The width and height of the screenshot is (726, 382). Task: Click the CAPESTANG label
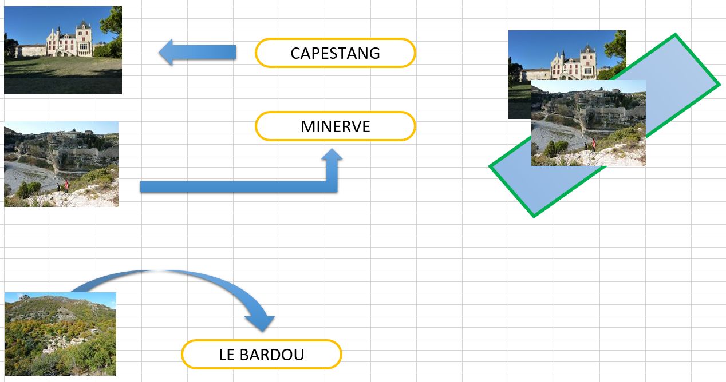click(335, 53)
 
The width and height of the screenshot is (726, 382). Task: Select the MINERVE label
click(335, 126)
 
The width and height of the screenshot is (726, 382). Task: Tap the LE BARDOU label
click(262, 355)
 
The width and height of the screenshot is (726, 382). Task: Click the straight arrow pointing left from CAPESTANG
click(198, 52)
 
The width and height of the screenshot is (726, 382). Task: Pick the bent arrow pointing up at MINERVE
click(240, 187)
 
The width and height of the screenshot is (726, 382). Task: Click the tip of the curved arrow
click(263, 332)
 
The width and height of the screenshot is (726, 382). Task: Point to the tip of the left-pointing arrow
click(159, 52)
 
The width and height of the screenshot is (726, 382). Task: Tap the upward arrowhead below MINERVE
click(332, 154)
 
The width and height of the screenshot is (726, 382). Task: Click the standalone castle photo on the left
click(63, 50)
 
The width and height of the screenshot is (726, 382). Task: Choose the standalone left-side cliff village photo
click(61, 164)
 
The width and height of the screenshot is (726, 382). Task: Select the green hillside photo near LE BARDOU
click(60, 334)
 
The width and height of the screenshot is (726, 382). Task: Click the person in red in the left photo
click(66, 186)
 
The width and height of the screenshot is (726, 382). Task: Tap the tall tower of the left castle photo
click(84, 38)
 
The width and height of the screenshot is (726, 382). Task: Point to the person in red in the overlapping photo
click(594, 145)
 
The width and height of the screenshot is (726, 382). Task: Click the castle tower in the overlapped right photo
click(588, 62)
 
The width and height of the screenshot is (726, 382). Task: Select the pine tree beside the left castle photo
click(112, 33)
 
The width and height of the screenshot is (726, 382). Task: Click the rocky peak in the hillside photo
click(23, 297)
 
